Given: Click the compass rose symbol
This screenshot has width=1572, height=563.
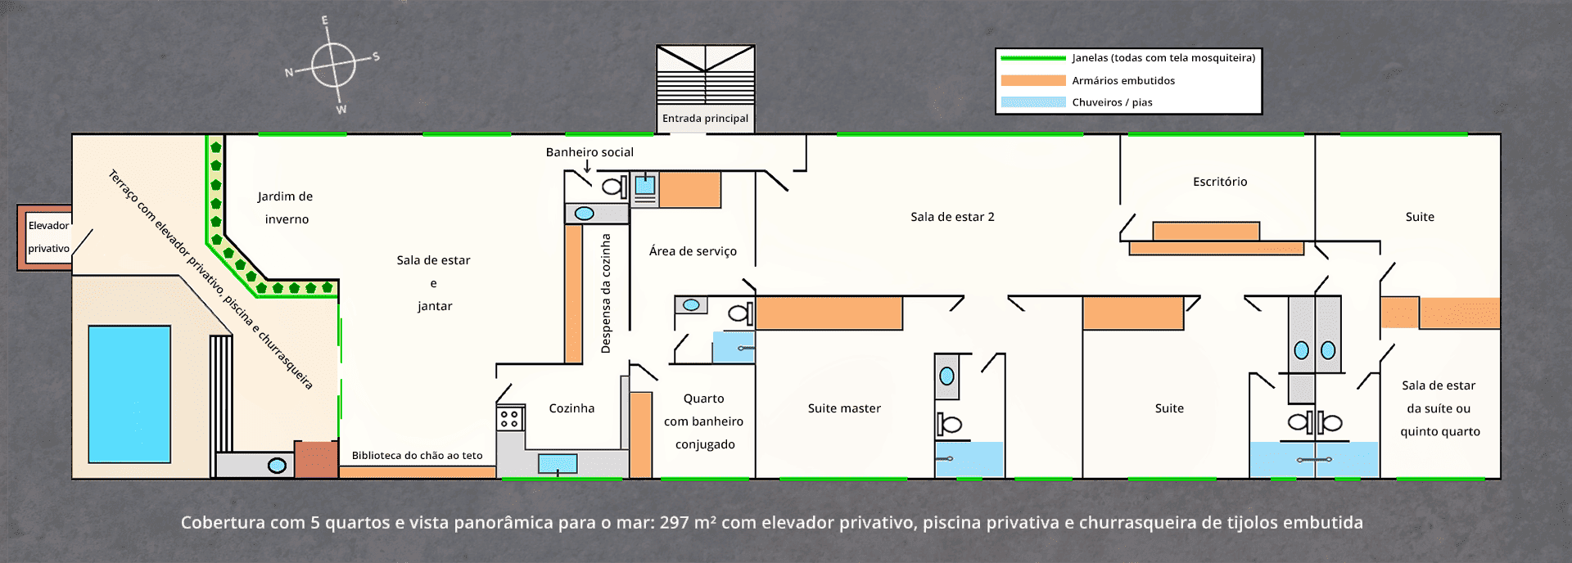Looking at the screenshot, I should (x=333, y=64).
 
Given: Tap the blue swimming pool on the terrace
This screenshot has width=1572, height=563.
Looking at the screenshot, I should (x=129, y=394).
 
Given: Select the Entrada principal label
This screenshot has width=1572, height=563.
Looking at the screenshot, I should (x=705, y=119).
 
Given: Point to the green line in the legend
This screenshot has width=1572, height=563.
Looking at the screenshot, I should (x=1033, y=58).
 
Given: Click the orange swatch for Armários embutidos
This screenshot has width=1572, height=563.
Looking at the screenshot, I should (x=1033, y=80).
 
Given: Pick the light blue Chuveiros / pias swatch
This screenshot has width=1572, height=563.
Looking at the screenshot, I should (x=1033, y=102).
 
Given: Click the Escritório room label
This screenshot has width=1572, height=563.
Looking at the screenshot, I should (x=1220, y=182).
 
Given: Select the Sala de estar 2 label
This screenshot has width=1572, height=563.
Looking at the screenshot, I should (x=952, y=217).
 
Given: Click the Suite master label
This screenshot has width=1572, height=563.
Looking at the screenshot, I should (x=844, y=408).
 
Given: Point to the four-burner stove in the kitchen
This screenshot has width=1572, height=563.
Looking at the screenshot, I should (x=509, y=418).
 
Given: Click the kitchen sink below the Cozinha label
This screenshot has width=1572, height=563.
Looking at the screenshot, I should (x=558, y=464).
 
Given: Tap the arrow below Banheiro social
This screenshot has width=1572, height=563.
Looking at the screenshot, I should (x=587, y=166).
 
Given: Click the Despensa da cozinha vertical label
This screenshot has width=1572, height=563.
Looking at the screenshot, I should (x=606, y=293).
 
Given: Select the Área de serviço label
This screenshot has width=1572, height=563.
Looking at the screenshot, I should (x=693, y=251).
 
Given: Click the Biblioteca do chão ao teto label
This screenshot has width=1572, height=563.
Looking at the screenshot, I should (x=417, y=456).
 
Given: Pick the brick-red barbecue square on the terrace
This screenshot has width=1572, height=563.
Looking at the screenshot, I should (x=316, y=459).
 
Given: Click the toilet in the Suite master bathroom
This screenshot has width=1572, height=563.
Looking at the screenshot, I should (x=949, y=424).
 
